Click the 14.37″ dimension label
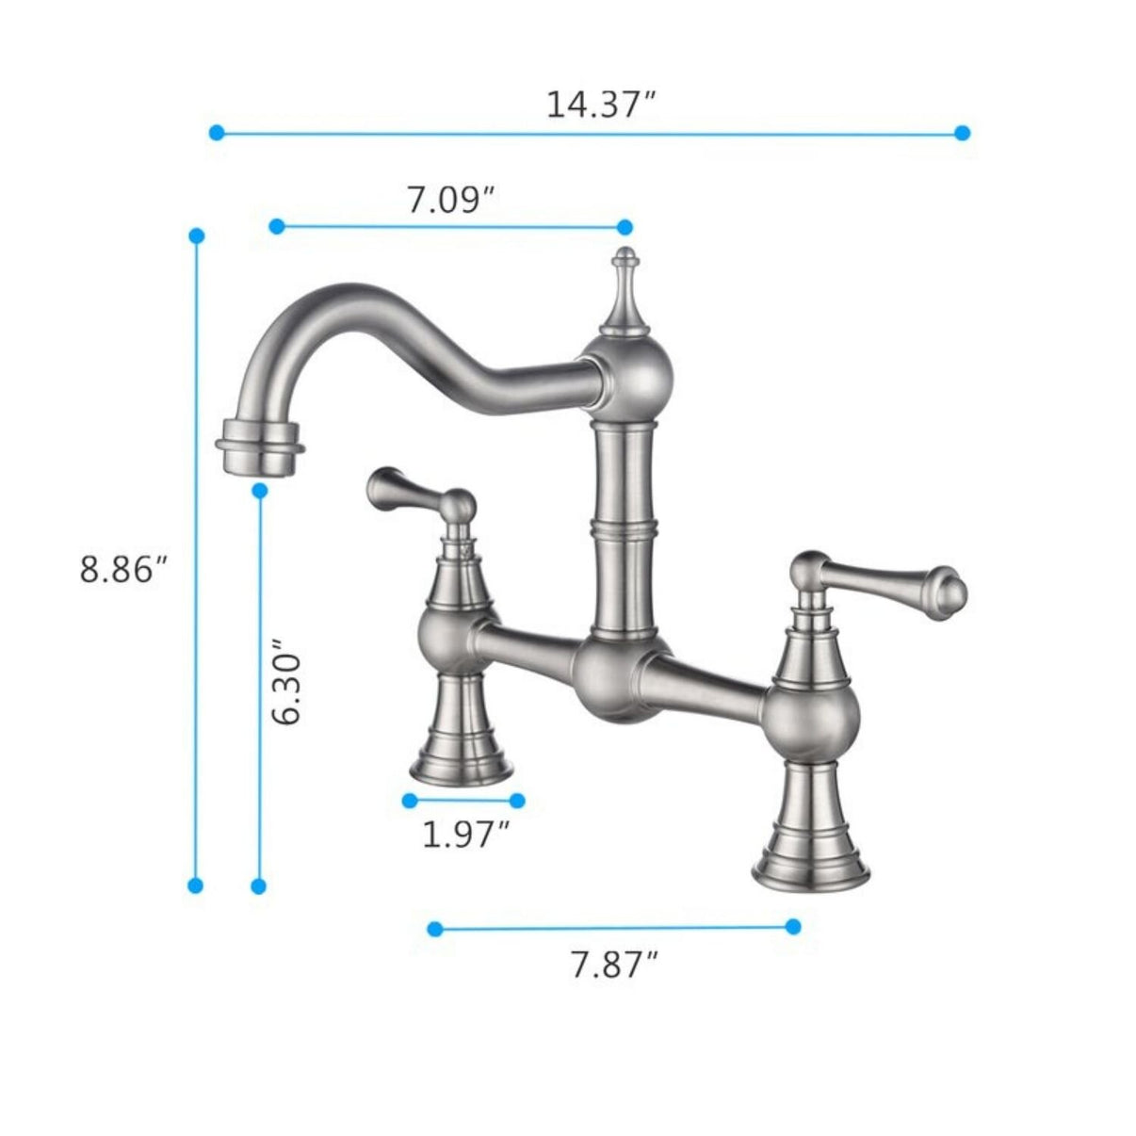click(600, 104)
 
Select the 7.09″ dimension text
click(451, 200)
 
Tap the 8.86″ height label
click(123, 569)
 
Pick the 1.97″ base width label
click(465, 834)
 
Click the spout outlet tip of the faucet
click(260, 451)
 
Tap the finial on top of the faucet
click(624, 283)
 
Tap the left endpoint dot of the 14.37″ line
click(217, 133)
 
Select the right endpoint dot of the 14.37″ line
click(962, 133)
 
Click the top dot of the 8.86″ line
click(196, 235)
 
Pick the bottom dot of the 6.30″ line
click(260, 885)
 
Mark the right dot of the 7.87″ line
click(793, 926)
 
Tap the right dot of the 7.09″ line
click(624, 226)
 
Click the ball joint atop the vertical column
click(625, 372)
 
